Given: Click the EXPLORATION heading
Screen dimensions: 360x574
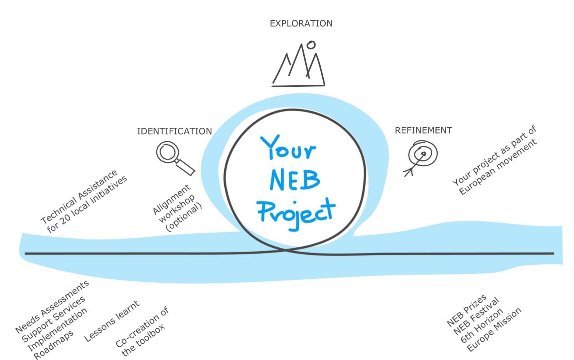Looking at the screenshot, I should pyautogui.click(x=301, y=24).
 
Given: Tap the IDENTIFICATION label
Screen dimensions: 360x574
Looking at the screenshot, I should pyautogui.click(x=174, y=132).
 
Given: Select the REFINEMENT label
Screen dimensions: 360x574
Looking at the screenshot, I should pyautogui.click(x=423, y=130).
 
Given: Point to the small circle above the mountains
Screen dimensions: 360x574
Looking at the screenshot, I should pyautogui.click(x=311, y=45).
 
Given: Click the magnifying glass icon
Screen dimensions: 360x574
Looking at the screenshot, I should pyautogui.click(x=173, y=157).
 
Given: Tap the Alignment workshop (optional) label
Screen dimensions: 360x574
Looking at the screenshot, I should pyautogui.click(x=177, y=207).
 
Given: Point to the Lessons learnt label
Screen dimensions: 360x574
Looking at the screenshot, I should pyautogui.click(x=112, y=322).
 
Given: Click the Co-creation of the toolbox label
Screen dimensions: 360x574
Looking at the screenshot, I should pyautogui.click(x=143, y=331).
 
